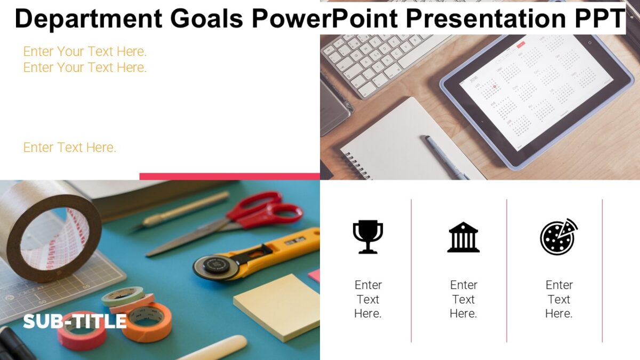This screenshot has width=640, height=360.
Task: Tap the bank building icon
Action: click(x=463, y=237)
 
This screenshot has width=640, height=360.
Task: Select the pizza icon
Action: click(x=558, y=237)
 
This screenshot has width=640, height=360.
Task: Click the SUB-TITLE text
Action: click(x=75, y=321)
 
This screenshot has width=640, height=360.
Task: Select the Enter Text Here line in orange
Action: click(x=70, y=147)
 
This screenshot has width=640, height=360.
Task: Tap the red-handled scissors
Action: click(x=256, y=213)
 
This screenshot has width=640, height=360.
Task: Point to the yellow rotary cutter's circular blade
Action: click(x=215, y=267)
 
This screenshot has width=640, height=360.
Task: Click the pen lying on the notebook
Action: click(x=446, y=157)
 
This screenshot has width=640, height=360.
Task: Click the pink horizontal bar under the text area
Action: click(x=229, y=176)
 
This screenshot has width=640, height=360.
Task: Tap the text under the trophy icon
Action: click(x=368, y=299)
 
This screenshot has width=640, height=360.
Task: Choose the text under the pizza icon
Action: click(x=558, y=299)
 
